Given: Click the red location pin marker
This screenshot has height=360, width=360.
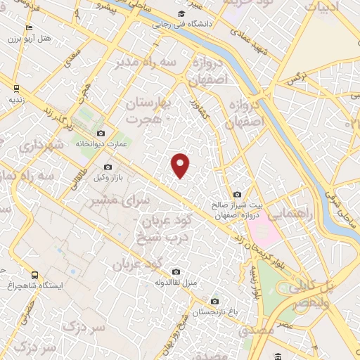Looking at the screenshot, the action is [181, 165].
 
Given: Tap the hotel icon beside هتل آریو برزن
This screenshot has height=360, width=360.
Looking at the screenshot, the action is [28, 28].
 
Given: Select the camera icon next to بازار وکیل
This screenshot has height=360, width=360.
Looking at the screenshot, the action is [108, 167].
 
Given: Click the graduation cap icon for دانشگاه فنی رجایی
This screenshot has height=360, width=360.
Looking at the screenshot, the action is [181, 14].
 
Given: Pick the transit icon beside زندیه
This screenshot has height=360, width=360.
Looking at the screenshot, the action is [15, 89].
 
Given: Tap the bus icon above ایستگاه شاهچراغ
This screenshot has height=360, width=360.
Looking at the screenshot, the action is [35, 275].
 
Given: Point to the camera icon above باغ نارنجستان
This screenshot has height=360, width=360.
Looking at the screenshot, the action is [215, 301].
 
